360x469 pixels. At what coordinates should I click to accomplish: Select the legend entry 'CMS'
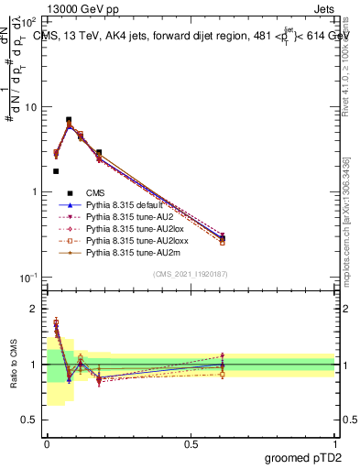pyautogui.click(x=96, y=193)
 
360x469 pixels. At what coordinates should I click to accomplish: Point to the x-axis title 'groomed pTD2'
pyautogui.click(x=302, y=457)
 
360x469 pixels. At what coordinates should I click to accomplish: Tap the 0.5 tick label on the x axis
pyautogui.click(x=191, y=444)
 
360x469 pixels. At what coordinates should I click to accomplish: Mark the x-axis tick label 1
pyautogui.click(x=334, y=444)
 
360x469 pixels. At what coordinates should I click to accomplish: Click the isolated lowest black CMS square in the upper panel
pyautogui.click(x=56, y=171)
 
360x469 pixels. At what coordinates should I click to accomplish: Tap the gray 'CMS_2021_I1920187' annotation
pyautogui.click(x=191, y=275)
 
